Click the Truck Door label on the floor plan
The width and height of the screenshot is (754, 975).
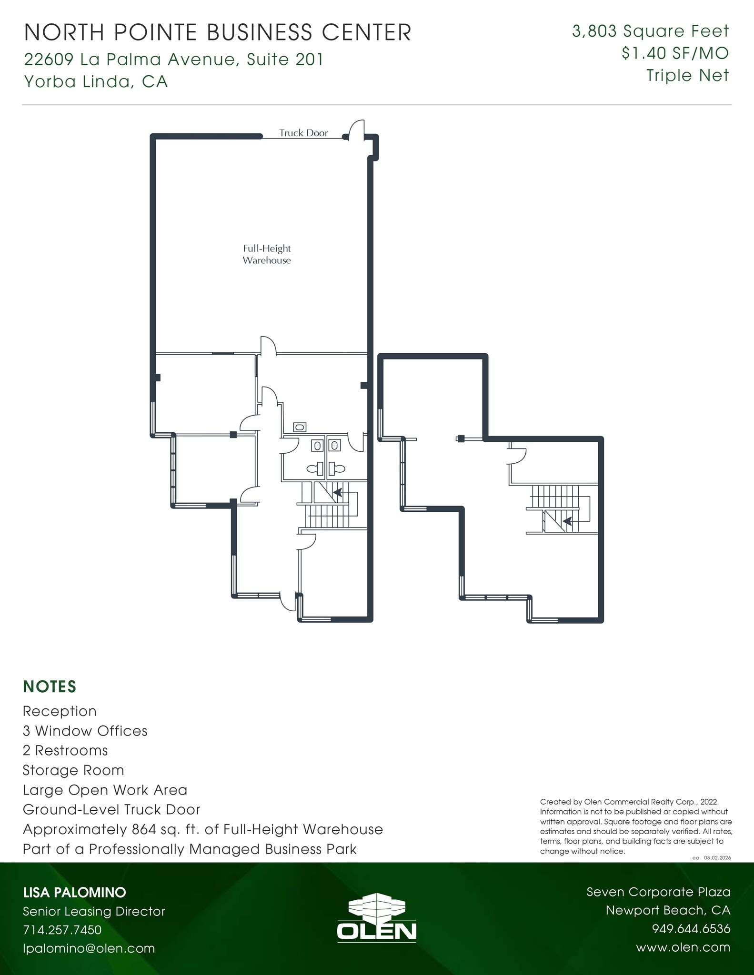click(x=303, y=133)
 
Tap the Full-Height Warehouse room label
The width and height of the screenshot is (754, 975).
click(x=266, y=254)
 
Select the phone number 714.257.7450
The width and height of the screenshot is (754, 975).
click(x=62, y=930)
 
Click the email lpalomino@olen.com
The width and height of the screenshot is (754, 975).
click(x=89, y=948)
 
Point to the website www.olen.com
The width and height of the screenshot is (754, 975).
click(x=683, y=947)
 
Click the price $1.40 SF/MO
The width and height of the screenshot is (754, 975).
click(x=675, y=53)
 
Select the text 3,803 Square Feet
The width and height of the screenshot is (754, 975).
click(x=650, y=31)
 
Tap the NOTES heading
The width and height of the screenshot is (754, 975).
click(x=50, y=686)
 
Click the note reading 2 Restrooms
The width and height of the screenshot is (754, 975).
click(x=65, y=750)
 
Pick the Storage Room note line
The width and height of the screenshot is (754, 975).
click(x=73, y=770)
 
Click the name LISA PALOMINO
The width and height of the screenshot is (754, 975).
click(x=74, y=892)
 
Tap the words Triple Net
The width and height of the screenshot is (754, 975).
click(x=687, y=75)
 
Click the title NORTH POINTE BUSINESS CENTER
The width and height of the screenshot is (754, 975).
click(x=218, y=33)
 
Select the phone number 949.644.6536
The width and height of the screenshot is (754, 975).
click(x=691, y=929)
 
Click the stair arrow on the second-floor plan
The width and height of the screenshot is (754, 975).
click(x=567, y=521)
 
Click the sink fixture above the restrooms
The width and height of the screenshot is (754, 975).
click(x=300, y=427)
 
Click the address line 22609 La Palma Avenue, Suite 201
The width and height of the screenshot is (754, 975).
click(x=174, y=60)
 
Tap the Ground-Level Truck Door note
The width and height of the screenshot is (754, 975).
click(x=111, y=809)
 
